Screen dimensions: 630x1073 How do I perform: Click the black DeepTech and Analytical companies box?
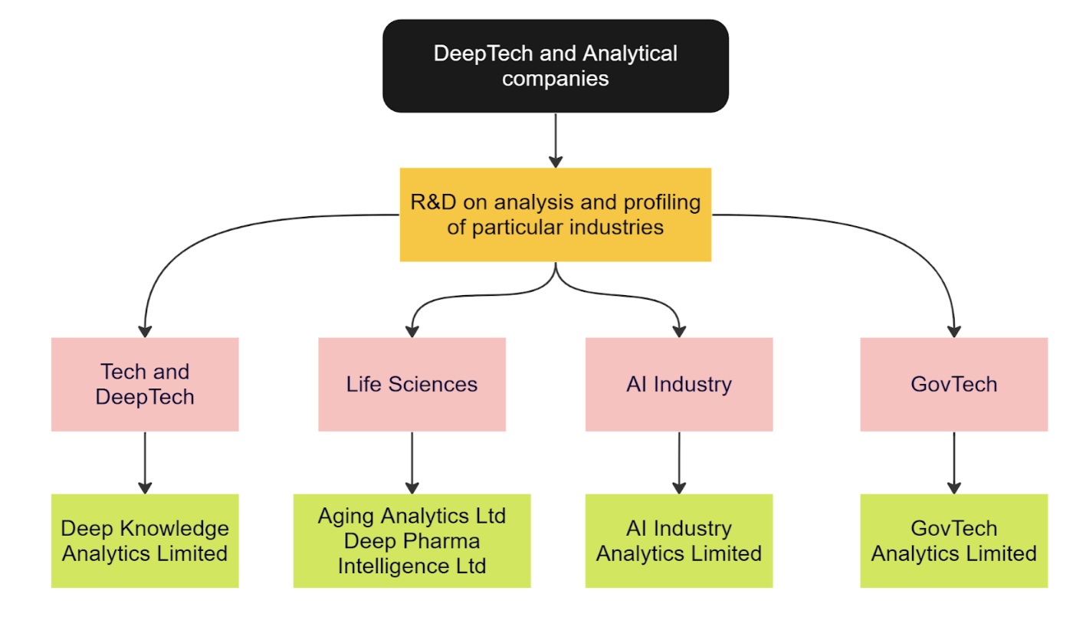[555, 66]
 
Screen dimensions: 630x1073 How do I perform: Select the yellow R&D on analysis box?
[555, 215]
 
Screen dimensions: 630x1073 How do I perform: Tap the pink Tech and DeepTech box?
[145, 384]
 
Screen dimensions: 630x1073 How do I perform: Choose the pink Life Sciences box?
[412, 384]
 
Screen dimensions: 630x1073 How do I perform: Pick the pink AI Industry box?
[678, 384]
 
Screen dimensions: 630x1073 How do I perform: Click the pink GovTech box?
[953, 384]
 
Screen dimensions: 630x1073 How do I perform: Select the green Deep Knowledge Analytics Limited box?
[145, 540]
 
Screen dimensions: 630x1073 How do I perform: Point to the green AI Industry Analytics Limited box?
[678, 540]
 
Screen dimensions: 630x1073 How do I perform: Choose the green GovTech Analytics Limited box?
[953, 540]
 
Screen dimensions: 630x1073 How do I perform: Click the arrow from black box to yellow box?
[555, 140]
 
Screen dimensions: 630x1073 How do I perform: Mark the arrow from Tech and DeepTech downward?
[145, 462]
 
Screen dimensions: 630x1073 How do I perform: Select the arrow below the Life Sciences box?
[412, 462]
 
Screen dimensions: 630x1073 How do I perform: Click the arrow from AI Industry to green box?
[678, 462]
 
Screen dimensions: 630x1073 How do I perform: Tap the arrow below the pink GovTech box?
[953, 462]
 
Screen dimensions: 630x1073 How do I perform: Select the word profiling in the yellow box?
[664, 202]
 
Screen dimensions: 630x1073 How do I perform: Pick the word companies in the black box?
[555, 78]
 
